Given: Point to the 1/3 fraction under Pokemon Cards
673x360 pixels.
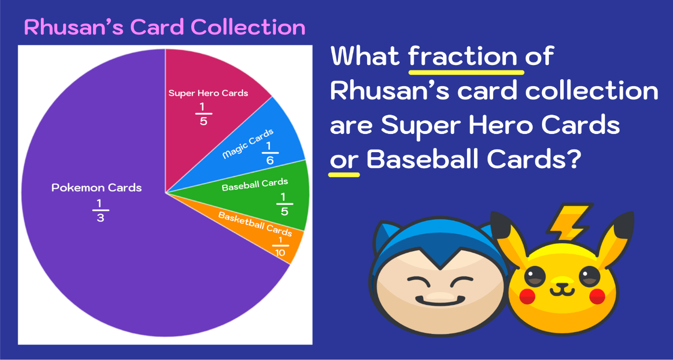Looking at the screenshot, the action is [101, 210].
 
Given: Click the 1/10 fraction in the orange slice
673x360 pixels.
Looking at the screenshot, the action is [280, 247].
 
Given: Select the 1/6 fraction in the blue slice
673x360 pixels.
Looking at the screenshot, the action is [269, 153].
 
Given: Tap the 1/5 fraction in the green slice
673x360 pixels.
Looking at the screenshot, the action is [284, 204].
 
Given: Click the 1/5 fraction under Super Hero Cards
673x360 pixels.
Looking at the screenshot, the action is [203, 114].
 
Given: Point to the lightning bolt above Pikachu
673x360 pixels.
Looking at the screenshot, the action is [569, 222].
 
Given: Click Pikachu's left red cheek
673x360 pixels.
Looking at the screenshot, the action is [527, 296].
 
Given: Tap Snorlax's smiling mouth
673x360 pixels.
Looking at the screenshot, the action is [440, 300].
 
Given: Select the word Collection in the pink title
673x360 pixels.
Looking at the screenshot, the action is [248, 27].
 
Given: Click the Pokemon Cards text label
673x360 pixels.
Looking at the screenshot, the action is [97, 188].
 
